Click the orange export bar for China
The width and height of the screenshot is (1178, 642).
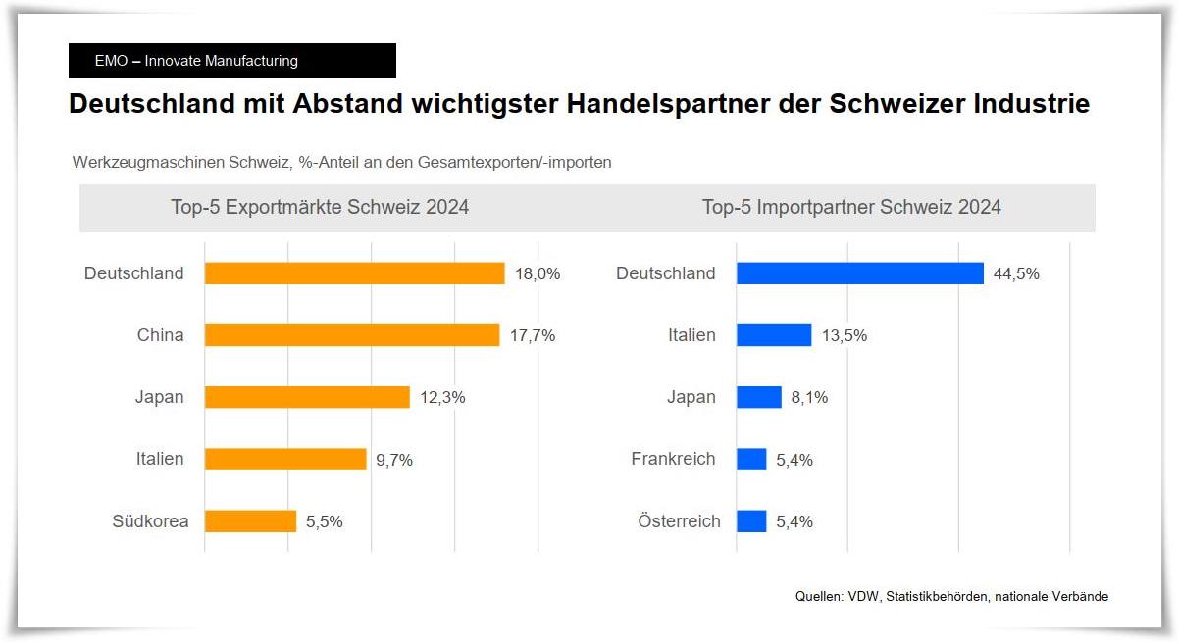pyautogui.click(x=352, y=335)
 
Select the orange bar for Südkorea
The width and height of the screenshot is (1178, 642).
pyautogui.click(x=250, y=521)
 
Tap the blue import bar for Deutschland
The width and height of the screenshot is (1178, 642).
pyautogui.click(x=859, y=273)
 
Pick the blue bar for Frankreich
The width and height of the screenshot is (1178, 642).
pyautogui.click(x=751, y=460)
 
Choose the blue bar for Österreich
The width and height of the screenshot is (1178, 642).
pyautogui.click(x=751, y=521)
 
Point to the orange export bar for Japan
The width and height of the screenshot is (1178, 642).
pyautogui.click(x=307, y=397)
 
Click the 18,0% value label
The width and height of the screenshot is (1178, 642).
pyautogui.click(x=538, y=274)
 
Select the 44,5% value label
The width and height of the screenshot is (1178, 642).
pyautogui.click(x=1016, y=274)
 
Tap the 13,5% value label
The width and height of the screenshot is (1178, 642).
pyautogui.click(x=845, y=336)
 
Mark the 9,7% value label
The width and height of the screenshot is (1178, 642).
pyautogui.click(x=394, y=460)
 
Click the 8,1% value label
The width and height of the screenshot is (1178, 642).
pyautogui.click(x=810, y=398)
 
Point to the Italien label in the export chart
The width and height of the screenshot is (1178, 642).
pyautogui.click(x=160, y=459)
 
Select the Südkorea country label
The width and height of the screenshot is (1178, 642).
pyautogui.click(x=150, y=520)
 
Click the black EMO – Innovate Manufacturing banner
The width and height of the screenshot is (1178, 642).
pyautogui.click(x=232, y=61)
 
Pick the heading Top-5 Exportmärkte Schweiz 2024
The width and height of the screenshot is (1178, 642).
pyautogui.click(x=320, y=207)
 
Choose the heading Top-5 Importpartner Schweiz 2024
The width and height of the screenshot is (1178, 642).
pyautogui.click(x=851, y=207)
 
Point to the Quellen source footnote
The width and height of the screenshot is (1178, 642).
pyautogui.click(x=951, y=596)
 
